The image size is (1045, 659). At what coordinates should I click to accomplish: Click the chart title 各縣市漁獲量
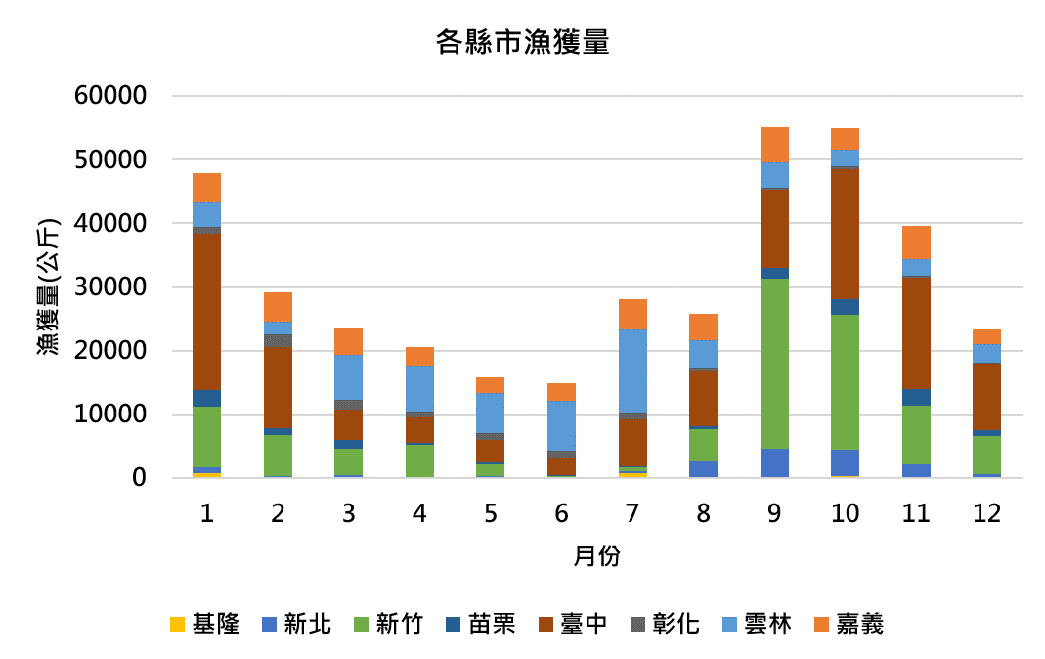pyautogui.click(x=522, y=44)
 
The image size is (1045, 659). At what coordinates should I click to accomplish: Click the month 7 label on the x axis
pyautogui.click(x=632, y=513)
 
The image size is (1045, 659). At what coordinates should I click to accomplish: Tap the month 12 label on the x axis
pyautogui.click(x=986, y=513)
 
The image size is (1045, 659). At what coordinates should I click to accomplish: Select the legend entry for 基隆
pyautogui.click(x=204, y=623)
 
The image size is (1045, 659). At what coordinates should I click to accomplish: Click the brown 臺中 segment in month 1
pyautogui.click(x=207, y=312)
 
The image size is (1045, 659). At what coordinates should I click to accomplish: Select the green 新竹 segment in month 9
pyautogui.click(x=774, y=364)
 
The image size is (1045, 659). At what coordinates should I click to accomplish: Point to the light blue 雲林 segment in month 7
pyautogui.click(x=632, y=371)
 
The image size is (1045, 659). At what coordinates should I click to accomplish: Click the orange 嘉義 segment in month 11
pyautogui.click(x=916, y=242)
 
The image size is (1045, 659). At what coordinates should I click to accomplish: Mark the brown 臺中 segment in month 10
pyautogui.click(x=845, y=234)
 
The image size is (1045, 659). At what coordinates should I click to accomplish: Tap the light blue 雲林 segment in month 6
pyautogui.click(x=561, y=425)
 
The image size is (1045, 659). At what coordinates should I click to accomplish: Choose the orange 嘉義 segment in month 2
pyautogui.click(x=278, y=307)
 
